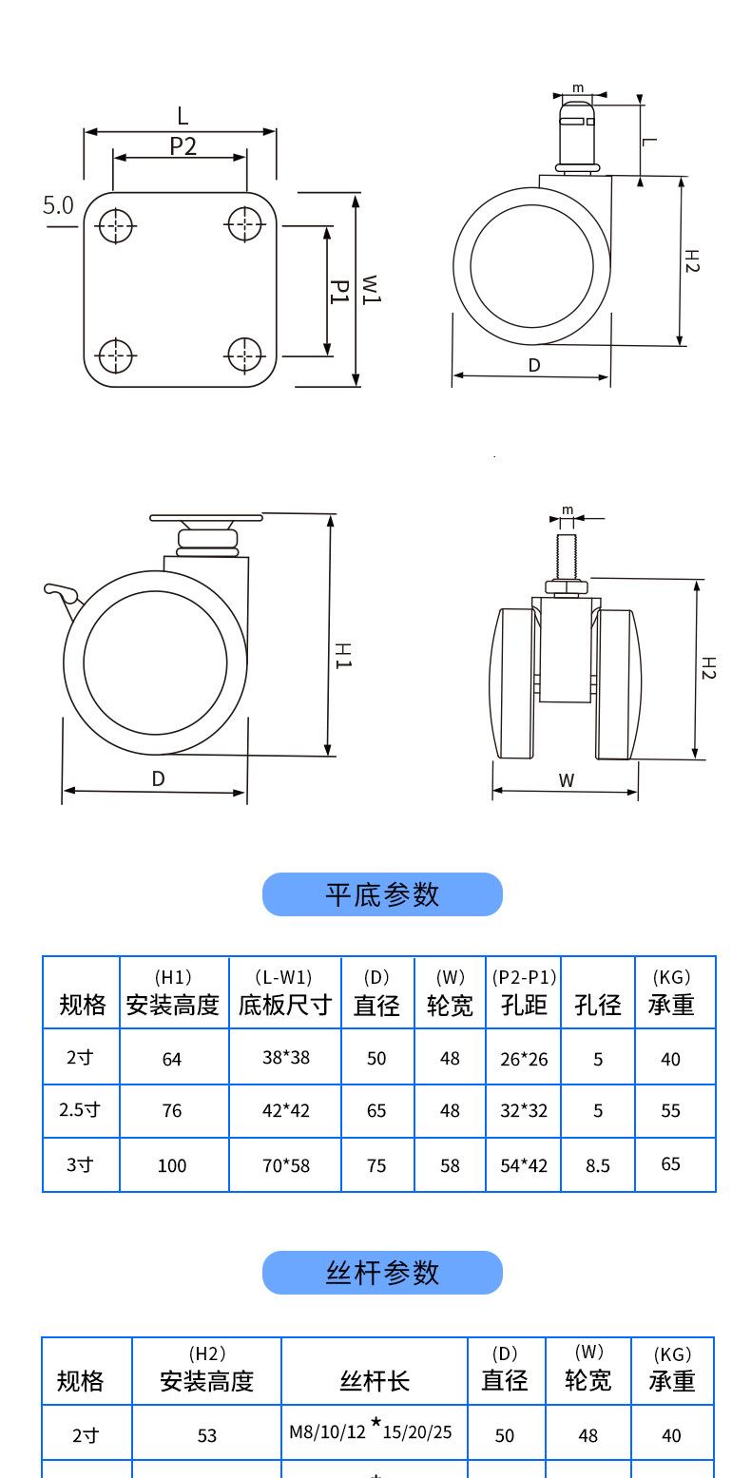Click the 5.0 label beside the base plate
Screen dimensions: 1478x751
point(58,205)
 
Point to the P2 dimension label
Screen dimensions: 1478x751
point(183,145)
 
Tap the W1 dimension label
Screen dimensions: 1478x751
point(371,289)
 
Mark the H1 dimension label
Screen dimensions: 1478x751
point(344,655)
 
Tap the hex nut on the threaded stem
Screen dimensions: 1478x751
point(567,586)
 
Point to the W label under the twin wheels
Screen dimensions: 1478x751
point(567,780)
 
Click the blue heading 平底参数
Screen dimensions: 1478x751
point(382,894)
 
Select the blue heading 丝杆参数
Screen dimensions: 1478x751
point(382,1273)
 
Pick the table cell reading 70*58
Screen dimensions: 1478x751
point(286,1164)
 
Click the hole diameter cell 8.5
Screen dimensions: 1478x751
point(598,1164)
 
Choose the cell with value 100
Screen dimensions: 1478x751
point(172,1165)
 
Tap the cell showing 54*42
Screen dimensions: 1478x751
point(524,1164)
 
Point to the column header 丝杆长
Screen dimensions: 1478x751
point(375,1380)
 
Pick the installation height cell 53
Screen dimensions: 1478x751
point(207,1435)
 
